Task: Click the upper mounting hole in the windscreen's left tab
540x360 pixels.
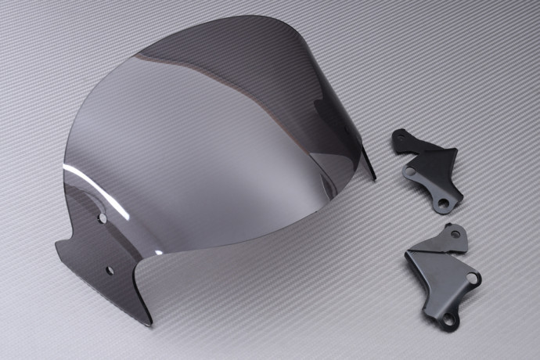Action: pos(103,218)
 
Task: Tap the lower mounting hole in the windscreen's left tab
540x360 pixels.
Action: pos(110,271)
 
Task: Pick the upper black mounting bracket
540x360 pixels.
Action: pos(427,168)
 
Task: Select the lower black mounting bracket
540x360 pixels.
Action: pos(442,274)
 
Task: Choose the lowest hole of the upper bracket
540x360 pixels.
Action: pos(443,203)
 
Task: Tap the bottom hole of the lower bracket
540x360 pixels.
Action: pos(448,319)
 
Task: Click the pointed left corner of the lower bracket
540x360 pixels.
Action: pos(407,254)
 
